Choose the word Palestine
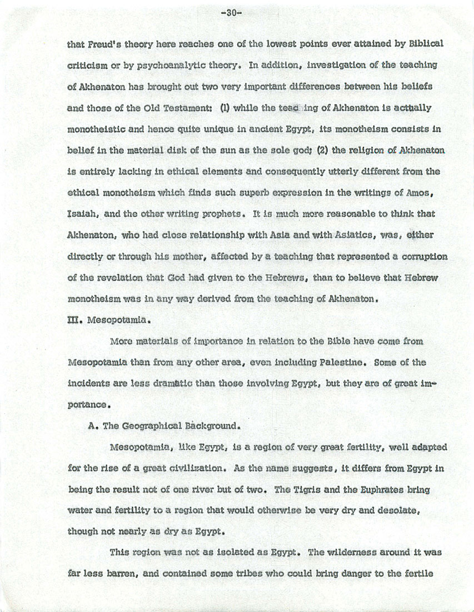336,363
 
